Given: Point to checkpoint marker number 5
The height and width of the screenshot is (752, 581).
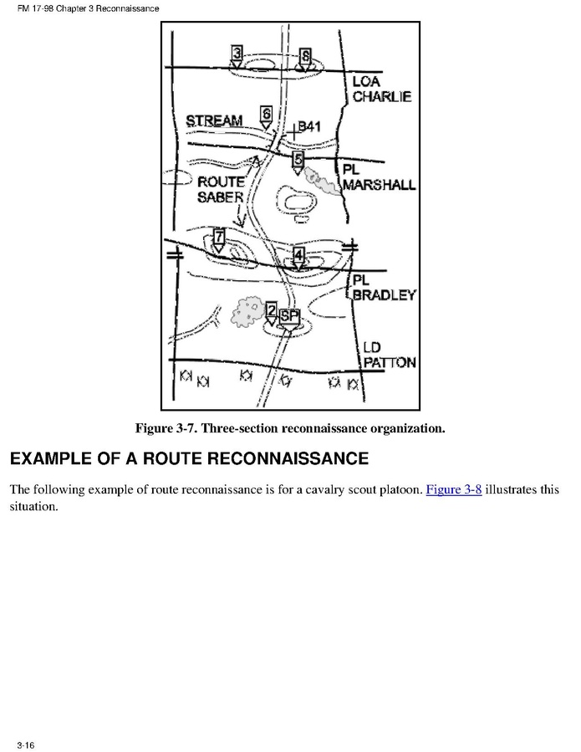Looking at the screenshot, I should (298, 161).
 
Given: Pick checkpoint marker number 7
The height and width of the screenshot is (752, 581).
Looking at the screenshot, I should (219, 238).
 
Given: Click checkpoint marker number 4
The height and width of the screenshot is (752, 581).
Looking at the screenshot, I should (298, 256).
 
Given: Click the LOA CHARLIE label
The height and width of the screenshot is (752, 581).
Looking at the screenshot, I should (381, 89).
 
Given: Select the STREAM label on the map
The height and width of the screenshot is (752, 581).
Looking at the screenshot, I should (214, 121).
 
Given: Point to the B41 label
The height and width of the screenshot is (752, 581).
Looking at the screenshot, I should (309, 127).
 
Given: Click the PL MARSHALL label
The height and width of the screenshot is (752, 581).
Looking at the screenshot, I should (378, 177).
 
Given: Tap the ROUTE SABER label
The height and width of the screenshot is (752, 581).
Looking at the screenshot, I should (221, 189).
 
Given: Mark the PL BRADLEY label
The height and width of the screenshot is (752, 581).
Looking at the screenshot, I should (383, 288).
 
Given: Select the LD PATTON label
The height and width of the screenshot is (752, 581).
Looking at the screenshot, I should (389, 356).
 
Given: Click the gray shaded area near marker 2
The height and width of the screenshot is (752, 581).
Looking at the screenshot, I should (247, 311).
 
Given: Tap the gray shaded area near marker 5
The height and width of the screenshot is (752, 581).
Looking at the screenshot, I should (323, 180).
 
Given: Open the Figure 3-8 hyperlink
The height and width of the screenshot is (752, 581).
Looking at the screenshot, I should (454, 489).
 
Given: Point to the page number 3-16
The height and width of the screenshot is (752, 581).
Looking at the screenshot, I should (25, 744).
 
